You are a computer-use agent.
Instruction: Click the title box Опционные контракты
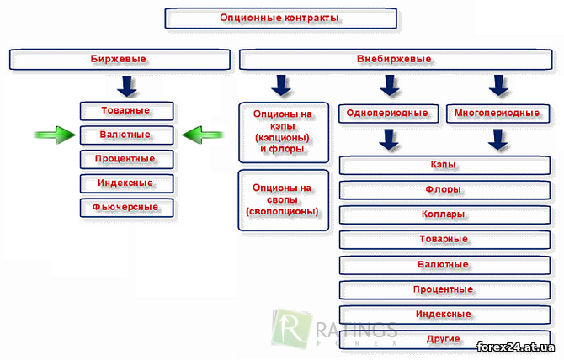click(x=281, y=19)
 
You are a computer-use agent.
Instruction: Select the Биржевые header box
click(x=120, y=59)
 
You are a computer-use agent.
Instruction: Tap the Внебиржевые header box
click(x=396, y=59)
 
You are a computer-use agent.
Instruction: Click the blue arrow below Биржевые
click(x=127, y=87)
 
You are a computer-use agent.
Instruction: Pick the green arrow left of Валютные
click(x=55, y=135)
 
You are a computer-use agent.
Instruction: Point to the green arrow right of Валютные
click(x=203, y=135)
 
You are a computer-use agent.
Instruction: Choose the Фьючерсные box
click(x=126, y=208)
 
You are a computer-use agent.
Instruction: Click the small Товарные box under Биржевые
click(x=126, y=111)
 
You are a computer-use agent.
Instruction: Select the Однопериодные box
click(x=388, y=114)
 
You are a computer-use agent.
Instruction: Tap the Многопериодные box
click(x=498, y=114)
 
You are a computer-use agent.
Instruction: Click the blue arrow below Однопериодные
click(x=388, y=140)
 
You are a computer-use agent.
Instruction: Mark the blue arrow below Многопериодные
click(x=497, y=140)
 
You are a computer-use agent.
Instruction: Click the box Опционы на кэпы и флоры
click(x=284, y=133)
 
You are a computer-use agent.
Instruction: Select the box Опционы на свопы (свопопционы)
click(x=284, y=200)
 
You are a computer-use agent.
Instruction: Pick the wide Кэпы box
click(x=444, y=165)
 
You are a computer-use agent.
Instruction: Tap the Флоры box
click(x=444, y=190)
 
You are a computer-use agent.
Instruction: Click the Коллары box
click(x=444, y=214)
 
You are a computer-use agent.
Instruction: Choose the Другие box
click(x=444, y=339)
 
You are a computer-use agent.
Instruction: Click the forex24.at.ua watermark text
click(x=515, y=347)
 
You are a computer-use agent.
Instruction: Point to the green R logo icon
click(x=290, y=328)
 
